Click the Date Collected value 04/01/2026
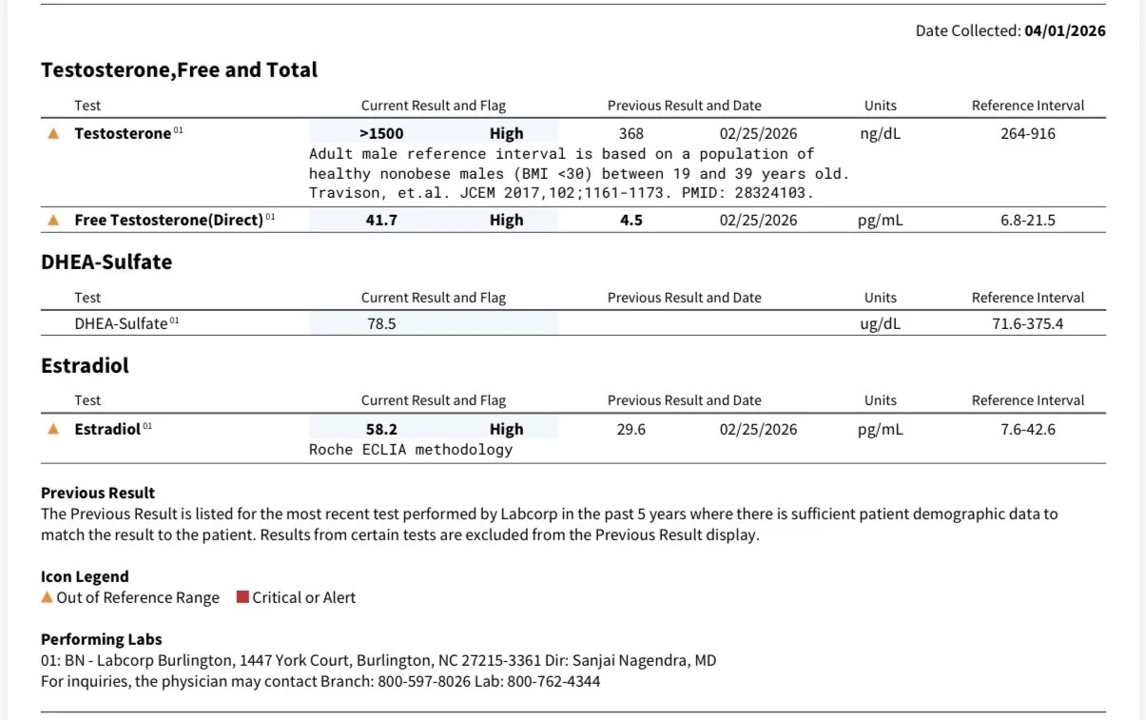click(1064, 30)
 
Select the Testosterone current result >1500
click(381, 133)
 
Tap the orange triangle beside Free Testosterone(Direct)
click(53, 220)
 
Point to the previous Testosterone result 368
click(631, 133)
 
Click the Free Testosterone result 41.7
click(381, 220)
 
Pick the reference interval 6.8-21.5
click(1028, 220)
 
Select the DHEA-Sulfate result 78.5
click(381, 323)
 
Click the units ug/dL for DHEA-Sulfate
click(880, 324)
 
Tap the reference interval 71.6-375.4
click(1028, 323)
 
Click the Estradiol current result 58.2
click(381, 429)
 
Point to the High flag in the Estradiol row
click(507, 429)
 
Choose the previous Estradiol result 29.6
click(631, 429)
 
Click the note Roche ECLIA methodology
click(410, 449)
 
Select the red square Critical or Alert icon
click(243, 596)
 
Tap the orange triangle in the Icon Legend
click(47, 596)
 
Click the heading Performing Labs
click(102, 639)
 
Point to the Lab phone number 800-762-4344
click(554, 681)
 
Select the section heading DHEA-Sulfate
click(107, 262)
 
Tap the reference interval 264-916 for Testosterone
click(1028, 133)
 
